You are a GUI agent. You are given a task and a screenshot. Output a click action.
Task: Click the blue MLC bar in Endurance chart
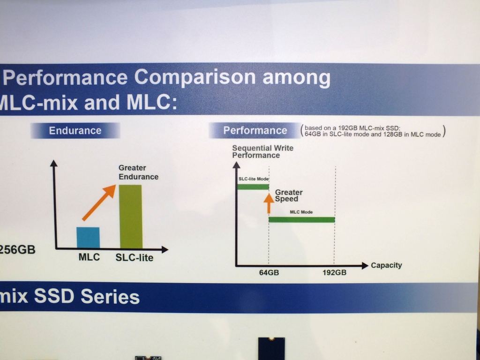coord(88,238)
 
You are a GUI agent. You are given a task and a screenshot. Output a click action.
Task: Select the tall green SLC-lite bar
coord(131,216)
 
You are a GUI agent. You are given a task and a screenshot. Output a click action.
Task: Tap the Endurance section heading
coord(75,130)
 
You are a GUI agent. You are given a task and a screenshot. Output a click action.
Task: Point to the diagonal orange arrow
coord(99,202)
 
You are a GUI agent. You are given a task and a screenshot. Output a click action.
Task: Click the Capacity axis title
coord(386,265)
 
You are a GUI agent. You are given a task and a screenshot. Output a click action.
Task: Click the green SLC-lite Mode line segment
coord(253,187)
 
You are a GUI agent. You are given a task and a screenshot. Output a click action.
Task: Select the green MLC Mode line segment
coord(301,219)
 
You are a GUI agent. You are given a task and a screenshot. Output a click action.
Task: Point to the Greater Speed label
coord(288,195)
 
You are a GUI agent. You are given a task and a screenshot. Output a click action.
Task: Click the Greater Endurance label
coord(138,172)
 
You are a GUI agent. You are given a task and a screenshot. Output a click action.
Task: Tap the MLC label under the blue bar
coord(89,257)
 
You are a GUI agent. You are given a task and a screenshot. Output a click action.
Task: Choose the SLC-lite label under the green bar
coord(134,258)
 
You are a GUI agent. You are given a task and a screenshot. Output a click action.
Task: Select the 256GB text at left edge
coord(18,249)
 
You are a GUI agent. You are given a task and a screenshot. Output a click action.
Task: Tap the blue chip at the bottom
coord(271,349)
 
